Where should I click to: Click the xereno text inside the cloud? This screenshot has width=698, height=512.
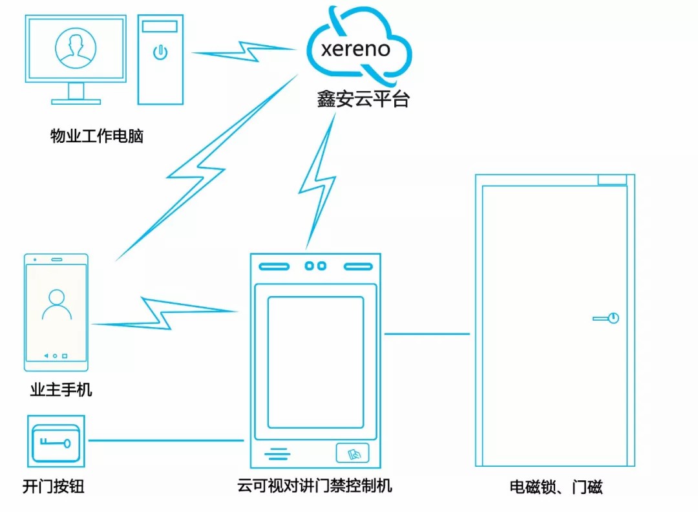tap(355, 49)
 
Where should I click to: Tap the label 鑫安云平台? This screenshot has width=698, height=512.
tap(363, 99)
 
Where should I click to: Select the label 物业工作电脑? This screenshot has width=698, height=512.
tap(97, 136)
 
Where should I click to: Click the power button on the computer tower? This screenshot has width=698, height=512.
tap(160, 52)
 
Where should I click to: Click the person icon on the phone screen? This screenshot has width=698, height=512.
tap(56, 305)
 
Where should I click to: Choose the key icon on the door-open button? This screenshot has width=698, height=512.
tap(56, 442)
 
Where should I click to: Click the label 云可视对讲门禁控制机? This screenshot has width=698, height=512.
tap(315, 485)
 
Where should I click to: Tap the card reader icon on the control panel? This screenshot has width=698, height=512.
tap(352, 454)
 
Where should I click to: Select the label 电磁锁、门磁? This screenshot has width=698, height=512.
tap(556, 487)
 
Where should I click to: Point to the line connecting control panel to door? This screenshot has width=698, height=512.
tap(427, 334)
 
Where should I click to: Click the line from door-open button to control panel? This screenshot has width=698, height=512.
tap(165, 441)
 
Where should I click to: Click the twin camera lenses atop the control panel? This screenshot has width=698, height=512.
tap(315, 266)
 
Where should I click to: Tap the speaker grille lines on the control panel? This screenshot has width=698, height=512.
tap(277, 454)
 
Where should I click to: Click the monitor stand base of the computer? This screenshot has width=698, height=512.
tap(76, 101)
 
